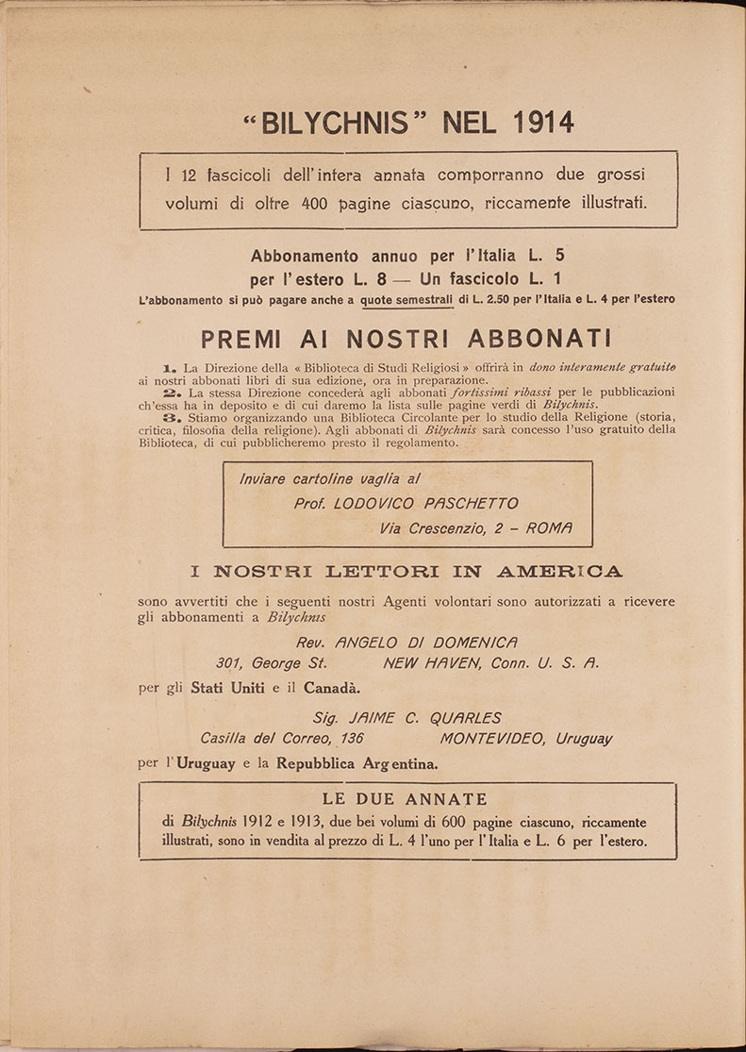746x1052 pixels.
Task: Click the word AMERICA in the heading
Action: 560,571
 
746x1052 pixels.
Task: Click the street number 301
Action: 230,663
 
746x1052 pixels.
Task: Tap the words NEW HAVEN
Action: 433,663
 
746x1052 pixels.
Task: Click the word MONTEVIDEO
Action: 490,739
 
